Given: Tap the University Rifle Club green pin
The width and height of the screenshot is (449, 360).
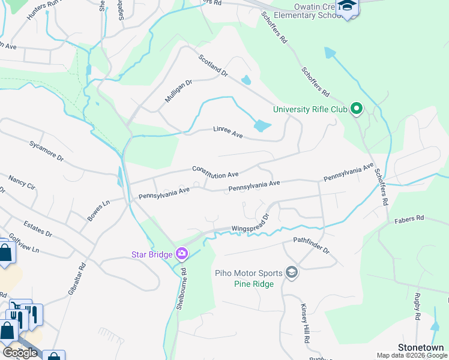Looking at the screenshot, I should click(x=357, y=109).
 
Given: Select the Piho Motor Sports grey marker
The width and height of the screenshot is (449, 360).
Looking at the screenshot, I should click(x=292, y=272).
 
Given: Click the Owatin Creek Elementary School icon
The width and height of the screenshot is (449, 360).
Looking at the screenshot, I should click(x=347, y=7).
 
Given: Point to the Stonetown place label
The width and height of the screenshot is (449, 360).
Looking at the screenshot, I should click(x=421, y=347).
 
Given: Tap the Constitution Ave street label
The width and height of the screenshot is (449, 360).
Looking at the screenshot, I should click(x=215, y=172).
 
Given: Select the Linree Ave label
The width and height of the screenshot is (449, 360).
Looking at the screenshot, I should click(x=228, y=133).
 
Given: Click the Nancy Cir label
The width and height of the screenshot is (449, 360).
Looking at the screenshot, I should click(x=22, y=183).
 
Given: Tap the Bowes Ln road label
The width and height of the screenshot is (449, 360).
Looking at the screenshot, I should click(x=98, y=211).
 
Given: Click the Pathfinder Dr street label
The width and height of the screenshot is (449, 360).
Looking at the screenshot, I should click(x=312, y=245).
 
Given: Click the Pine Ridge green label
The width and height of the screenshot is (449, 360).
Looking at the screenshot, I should click(x=254, y=284).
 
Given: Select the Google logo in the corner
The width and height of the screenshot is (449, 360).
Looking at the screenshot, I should click(x=20, y=353).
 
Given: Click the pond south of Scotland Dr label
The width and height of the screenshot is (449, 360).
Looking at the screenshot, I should click(x=262, y=126).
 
